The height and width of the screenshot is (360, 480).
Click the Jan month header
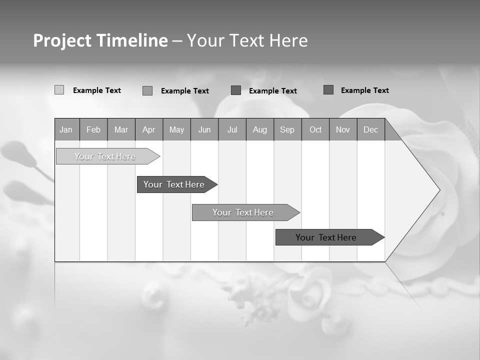[x=66, y=129]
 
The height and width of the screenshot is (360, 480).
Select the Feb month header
[x=93, y=129]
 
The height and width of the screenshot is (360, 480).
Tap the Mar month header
[x=121, y=129]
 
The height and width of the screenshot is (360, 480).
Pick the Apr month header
[x=149, y=129]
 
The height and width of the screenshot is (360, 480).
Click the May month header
[x=176, y=129]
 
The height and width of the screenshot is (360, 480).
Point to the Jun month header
[x=204, y=129]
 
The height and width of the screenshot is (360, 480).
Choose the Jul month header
[x=232, y=129]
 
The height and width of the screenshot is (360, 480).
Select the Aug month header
[x=260, y=129]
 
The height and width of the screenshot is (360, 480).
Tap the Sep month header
[x=287, y=129]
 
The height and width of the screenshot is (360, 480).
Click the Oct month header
[x=315, y=129]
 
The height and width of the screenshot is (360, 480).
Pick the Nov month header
[x=343, y=129]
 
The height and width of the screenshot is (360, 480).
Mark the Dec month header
[x=371, y=129]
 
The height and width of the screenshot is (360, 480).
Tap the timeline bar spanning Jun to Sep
[x=243, y=212]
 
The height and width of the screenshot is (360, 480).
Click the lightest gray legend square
[x=59, y=90]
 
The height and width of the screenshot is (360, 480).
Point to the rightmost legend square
[x=328, y=90]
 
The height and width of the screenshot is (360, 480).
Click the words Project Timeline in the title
[x=100, y=40]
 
